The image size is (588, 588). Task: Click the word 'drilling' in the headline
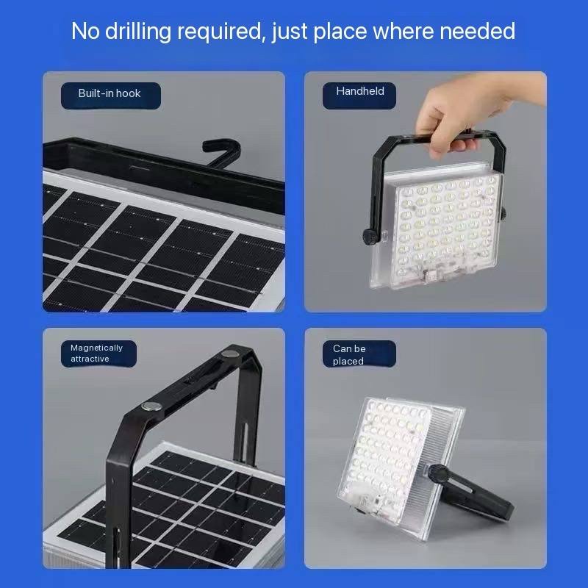coord(138,32)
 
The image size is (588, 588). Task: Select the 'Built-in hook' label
coord(110,93)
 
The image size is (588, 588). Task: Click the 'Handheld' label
coord(360,91)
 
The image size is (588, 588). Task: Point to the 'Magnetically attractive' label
coord(97,354)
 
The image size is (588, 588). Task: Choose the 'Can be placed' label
coord(349,355)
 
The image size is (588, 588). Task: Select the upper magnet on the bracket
coord(229,354)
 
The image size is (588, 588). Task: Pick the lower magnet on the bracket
coord(151,406)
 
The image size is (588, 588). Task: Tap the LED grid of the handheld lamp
coord(446,225)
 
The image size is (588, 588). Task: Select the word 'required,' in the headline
coord(221,32)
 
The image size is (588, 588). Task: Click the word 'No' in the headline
coord(85,31)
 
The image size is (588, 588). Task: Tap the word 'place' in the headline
coord(340,32)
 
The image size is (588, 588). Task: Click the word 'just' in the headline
coord(289,32)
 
